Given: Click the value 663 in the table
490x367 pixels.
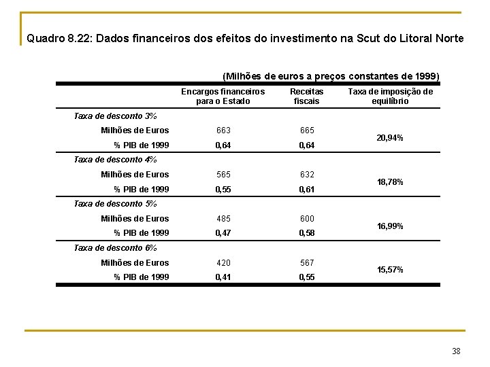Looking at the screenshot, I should point(223,130).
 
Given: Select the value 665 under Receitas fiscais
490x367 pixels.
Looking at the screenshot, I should point(307,130).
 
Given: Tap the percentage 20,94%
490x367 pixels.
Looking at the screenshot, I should point(390,138).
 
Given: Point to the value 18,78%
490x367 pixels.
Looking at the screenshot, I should point(390,182).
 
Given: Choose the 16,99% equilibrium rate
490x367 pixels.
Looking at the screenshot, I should point(390,226).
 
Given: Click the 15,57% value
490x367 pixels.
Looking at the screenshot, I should point(390,270).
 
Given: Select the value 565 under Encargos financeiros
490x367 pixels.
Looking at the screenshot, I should point(223,175).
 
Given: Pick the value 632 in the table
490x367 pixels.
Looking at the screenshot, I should point(307,175).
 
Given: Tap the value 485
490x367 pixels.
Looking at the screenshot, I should point(223,219).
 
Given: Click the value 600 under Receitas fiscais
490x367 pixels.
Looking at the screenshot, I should point(307,219).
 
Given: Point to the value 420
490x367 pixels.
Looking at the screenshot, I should point(223,263).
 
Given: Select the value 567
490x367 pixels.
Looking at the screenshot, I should point(307,263).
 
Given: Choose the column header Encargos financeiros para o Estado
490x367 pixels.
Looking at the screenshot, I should point(223,97).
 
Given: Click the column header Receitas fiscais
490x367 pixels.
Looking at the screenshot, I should point(307,97).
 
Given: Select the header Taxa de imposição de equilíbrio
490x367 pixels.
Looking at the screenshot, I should point(390,97).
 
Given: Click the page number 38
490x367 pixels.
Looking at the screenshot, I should point(456,351).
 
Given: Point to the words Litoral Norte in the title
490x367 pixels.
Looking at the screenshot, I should point(431,39).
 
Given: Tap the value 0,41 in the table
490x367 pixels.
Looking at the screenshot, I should point(223,277).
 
